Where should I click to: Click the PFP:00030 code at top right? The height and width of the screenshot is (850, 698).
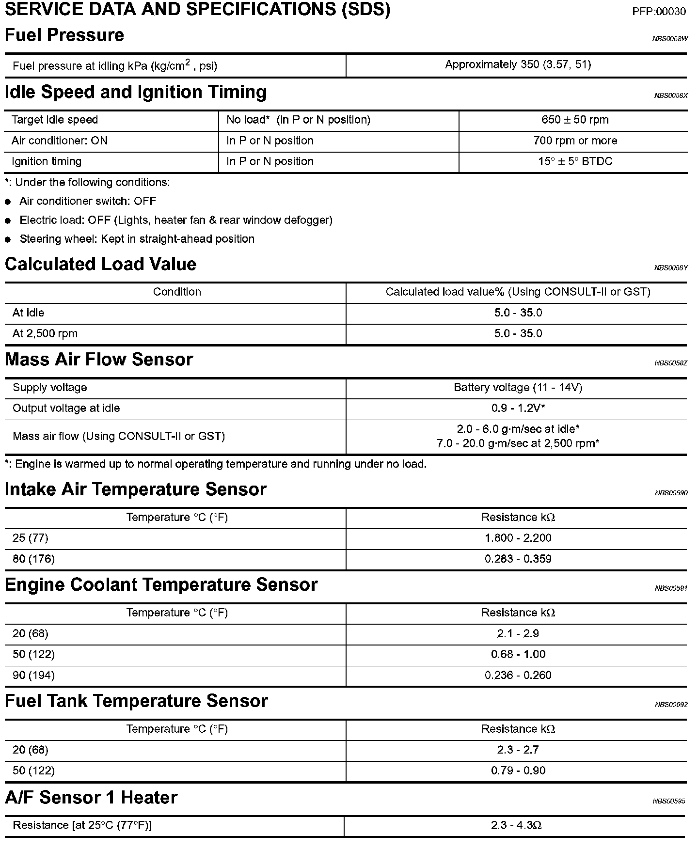tap(659, 12)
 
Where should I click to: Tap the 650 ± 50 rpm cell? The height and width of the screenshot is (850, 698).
tap(574, 120)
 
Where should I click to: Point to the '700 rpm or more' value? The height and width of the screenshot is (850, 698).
tap(575, 141)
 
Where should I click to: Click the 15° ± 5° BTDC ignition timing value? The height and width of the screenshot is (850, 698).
tap(575, 162)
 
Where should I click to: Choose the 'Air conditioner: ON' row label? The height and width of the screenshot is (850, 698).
tap(60, 141)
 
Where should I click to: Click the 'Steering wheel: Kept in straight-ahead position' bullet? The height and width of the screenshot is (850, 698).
tap(137, 239)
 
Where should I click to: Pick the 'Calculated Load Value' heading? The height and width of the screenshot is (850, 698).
tap(100, 264)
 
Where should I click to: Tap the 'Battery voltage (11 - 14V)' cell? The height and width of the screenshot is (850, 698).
tap(518, 388)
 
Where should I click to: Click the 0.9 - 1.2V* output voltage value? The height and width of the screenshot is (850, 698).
tap(518, 409)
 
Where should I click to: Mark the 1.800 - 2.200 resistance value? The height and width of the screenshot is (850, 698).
tap(518, 538)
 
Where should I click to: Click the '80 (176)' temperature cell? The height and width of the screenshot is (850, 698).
tap(33, 559)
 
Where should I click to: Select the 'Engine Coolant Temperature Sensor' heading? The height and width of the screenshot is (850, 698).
tap(161, 585)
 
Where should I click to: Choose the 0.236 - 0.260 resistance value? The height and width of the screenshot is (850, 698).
tap(518, 676)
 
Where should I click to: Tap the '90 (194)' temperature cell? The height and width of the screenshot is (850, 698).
tap(33, 676)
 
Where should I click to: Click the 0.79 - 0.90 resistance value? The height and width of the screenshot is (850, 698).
tap(518, 771)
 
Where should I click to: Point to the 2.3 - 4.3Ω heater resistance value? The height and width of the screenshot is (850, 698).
tap(516, 826)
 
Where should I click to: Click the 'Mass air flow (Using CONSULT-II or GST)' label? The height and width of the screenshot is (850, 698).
tap(119, 437)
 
